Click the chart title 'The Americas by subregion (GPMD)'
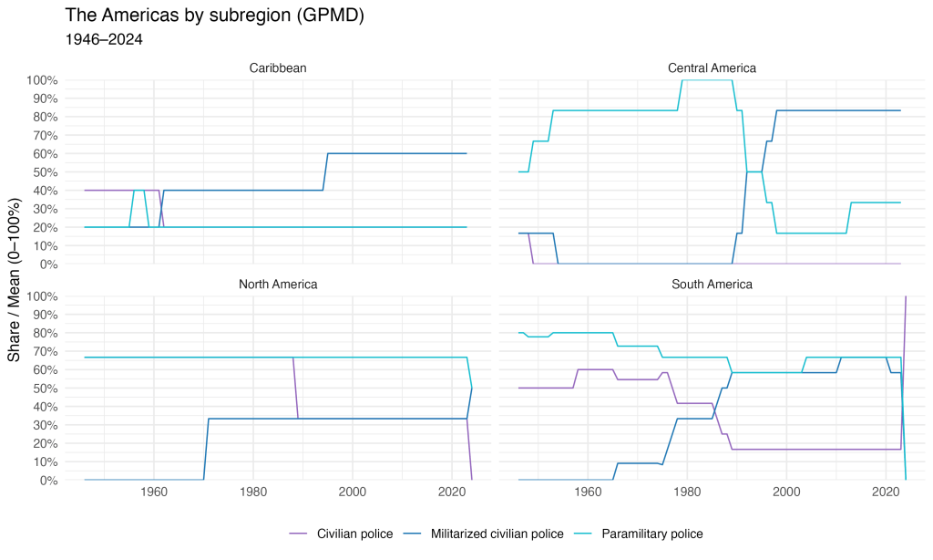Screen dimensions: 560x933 point(215,16)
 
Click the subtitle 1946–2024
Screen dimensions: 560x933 point(104,40)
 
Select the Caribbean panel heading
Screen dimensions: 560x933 point(277,67)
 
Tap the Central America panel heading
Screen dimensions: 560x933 point(712,67)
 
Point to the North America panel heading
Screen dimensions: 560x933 point(277,284)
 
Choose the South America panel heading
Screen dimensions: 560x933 point(712,284)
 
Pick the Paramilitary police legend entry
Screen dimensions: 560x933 point(652,534)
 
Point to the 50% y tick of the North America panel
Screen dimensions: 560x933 point(44,389)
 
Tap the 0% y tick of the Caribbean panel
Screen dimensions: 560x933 point(47,264)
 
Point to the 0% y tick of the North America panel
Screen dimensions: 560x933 point(47,481)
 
